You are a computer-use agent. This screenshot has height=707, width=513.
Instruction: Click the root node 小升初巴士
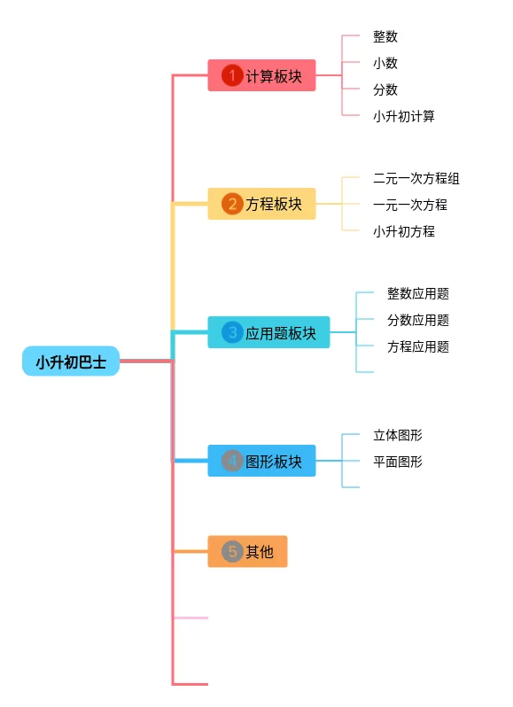pos(71,361)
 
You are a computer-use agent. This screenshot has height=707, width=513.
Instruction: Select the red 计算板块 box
pos(261,75)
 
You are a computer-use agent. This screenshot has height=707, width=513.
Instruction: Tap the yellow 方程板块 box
pos(261,204)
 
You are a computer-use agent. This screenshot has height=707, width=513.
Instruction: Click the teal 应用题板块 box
pos(268,332)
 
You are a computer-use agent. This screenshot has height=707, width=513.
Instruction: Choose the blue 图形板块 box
pos(261,461)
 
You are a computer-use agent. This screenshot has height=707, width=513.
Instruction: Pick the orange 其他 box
pos(247,551)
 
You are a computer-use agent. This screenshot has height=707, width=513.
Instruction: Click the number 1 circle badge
pos(232,75)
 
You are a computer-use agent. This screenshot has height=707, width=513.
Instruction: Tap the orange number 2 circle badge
pos(232,204)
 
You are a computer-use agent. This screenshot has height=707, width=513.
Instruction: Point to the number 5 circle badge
pos(232,551)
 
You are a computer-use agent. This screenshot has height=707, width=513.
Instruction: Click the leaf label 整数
pos(385,36)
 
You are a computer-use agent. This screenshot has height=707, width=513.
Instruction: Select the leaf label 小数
pos(385,63)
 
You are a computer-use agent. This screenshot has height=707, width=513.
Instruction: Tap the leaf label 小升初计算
pos(404,116)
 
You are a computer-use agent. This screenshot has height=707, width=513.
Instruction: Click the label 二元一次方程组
pos(416,179)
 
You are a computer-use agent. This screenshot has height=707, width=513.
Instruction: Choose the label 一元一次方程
pos(410,206)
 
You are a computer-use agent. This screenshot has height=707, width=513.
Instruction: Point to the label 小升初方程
pos(404,232)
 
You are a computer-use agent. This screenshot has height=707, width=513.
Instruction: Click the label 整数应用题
pos(418,293)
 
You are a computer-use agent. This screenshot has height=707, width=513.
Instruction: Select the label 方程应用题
pos(418,346)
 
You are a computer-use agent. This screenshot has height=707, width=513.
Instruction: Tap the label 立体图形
pos(398,435)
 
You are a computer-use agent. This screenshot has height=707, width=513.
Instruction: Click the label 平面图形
pos(398,462)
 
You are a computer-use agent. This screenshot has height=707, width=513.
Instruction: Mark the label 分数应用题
pos(418,320)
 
